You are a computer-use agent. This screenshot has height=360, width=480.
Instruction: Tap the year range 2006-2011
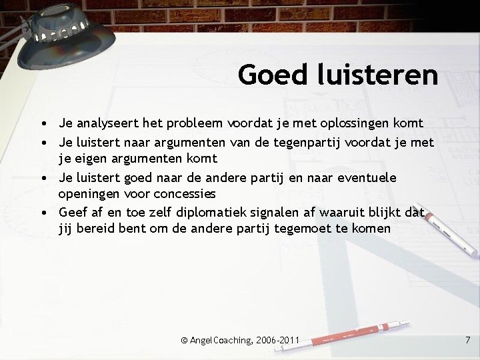280,341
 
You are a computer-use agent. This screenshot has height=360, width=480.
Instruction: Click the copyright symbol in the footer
184,341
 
